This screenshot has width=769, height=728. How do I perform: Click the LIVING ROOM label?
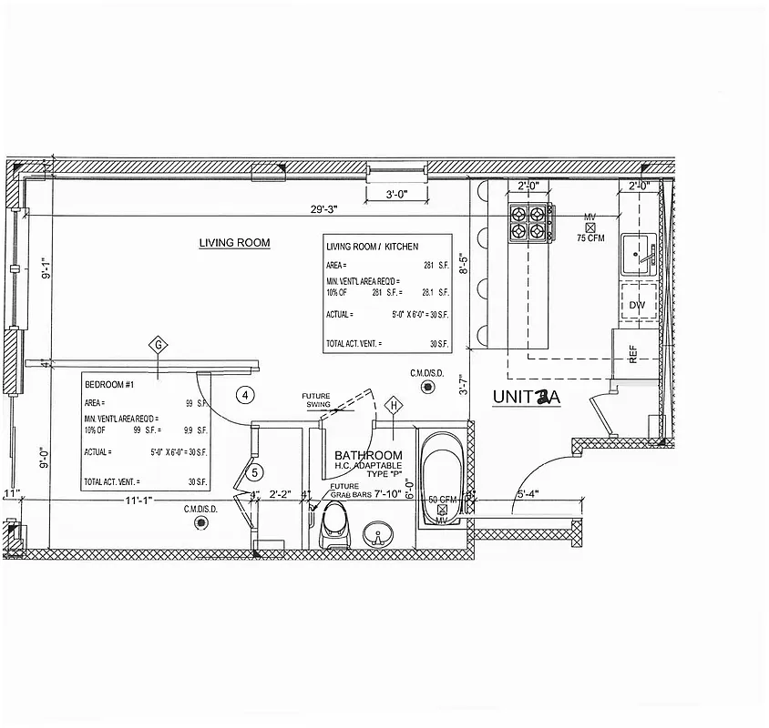tap(234, 243)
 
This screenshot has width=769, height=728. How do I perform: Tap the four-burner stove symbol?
tap(531, 222)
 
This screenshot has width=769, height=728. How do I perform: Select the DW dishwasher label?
tap(636, 305)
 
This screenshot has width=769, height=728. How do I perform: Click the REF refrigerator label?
tap(633, 355)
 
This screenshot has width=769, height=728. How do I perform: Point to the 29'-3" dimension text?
tap(323, 209)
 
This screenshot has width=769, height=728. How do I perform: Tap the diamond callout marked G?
tap(159, 346)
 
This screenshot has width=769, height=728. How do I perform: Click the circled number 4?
tap(243, 395)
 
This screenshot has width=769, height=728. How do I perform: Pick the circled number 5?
tap(256, 472)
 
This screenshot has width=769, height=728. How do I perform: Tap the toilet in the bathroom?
tap(336, 526)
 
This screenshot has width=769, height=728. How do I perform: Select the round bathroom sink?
tap(375, 533)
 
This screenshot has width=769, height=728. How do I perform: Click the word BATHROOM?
tap(368, 455)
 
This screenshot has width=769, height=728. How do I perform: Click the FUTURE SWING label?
tap(317, 399)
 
